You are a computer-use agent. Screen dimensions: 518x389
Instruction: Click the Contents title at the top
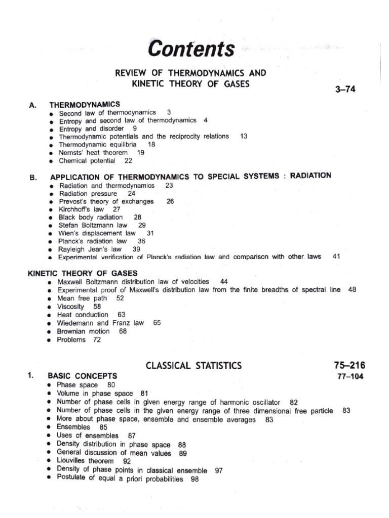tap(191, 50)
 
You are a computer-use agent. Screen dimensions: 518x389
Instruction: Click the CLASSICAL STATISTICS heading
tap(193, 365)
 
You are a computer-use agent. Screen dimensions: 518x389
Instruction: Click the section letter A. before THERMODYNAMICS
tap(33, 105)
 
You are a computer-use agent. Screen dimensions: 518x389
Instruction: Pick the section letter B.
tap(33, 177)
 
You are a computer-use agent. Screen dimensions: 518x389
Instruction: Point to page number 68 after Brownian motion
tap(123, 331)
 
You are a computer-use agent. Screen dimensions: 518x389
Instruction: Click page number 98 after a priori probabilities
tap(194, 480)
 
